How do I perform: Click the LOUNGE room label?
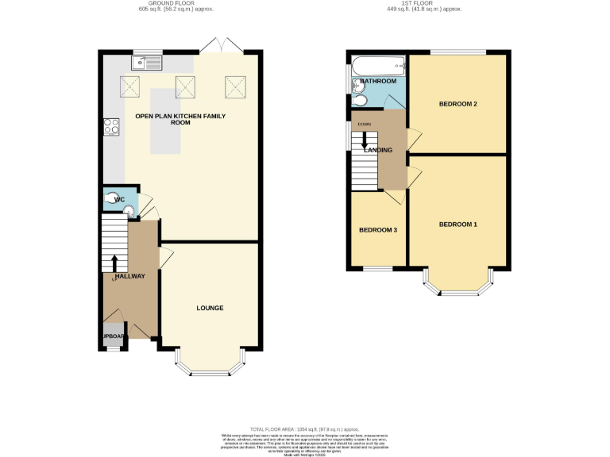tap(210, 307)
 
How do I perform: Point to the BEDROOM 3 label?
tap(378, 230)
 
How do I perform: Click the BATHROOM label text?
tap(378, 81)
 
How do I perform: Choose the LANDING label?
tap(377, 150)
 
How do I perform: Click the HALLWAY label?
tap(125, 276)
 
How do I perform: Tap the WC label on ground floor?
tap(119, 199)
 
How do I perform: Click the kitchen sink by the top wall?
tap(147, 60)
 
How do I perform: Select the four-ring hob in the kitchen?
tap(110, 128)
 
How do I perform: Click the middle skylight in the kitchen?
tap(185, 85)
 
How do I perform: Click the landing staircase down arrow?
tap(365, 140)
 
